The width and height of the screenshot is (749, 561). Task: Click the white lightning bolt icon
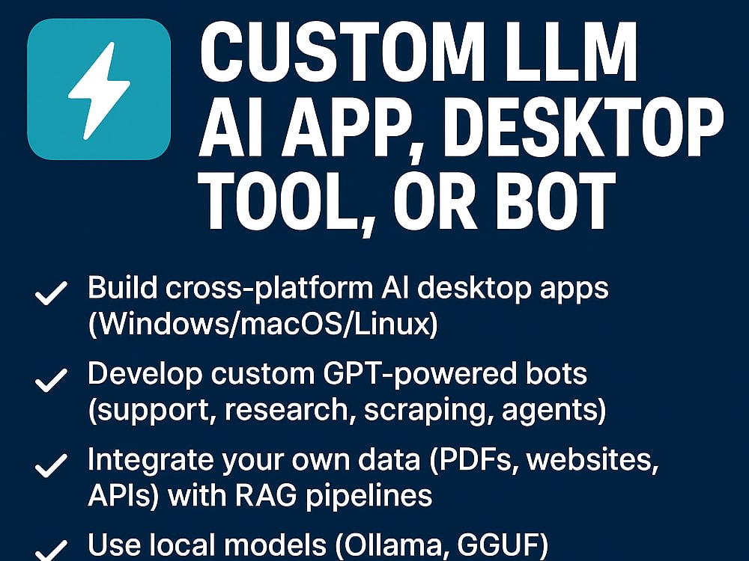point(99,91)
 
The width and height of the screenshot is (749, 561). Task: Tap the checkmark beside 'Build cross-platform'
point(51,292)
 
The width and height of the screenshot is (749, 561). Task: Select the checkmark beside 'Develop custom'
point(51,380)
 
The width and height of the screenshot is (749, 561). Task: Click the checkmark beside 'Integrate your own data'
point(51,465)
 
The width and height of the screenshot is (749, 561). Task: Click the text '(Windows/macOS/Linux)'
point(263,325)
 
